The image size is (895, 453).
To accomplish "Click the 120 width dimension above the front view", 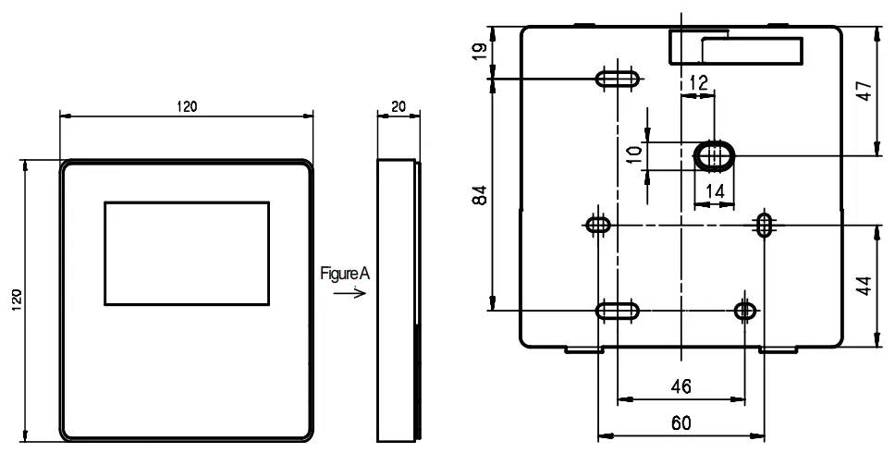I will tap(186, 106).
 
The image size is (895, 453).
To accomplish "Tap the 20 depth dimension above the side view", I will tap(398, 106).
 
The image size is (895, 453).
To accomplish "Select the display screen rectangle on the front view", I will tap(186, 253).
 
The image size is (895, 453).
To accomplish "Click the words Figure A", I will tap(344, 274).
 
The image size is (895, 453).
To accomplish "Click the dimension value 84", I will tap(478, 195).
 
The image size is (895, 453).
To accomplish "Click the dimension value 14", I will tap(714, 191).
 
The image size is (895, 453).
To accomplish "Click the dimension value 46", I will tap(680, 386).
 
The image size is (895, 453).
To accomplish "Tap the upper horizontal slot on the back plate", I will tap(617, 79).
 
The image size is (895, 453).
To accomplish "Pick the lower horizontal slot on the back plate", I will tap(617, 311).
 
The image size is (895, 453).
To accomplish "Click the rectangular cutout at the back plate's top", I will tap(735, 45).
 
